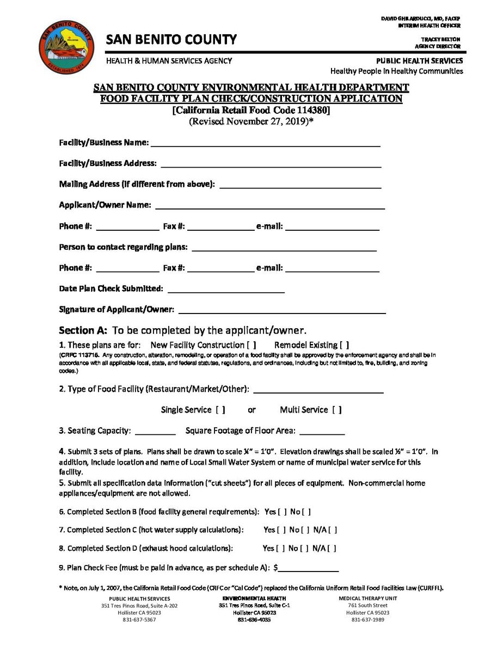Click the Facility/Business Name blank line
tap(265, 145)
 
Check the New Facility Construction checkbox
tap(251, 345)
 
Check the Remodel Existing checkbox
tap(343, 345)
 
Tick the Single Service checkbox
tap(220, 410)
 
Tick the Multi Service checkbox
tap(337, 410)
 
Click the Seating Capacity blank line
tap(155, 433)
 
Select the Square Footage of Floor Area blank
tap(322, 433)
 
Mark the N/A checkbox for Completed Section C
tap(333, 530)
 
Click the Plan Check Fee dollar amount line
tap(308, 569)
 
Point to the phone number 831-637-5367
tap(139, 620)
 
